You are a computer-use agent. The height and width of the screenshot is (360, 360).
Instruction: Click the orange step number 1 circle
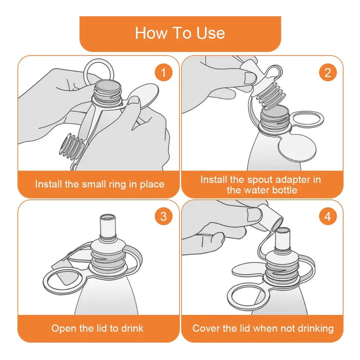(163, 72)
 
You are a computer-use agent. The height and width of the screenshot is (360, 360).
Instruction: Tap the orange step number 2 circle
(327, 72)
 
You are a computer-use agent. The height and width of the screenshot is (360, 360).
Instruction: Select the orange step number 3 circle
(163, 216)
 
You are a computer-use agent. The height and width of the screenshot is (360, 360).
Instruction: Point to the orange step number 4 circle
(327, 216)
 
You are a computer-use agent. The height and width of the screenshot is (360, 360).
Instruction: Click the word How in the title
(150, 33)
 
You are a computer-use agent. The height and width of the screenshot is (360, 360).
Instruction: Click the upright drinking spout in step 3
(108, 227)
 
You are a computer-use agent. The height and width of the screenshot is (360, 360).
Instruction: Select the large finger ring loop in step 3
(46, 282)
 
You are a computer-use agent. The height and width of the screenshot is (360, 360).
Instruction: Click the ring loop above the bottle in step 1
(85, 69)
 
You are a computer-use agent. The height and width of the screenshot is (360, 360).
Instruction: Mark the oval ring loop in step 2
(321, 119)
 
